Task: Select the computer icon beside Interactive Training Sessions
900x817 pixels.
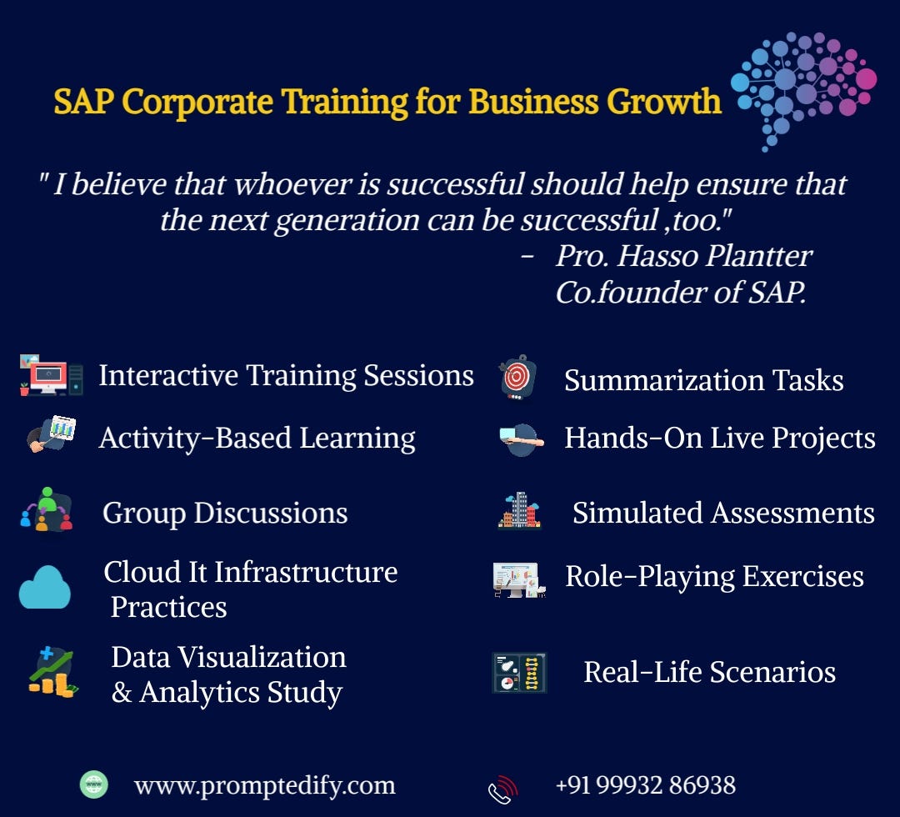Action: coord(51,376)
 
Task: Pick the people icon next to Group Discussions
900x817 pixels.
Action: coord(47,509)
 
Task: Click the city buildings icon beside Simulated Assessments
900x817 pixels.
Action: coord(520,510)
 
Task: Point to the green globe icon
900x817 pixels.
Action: coord(93,784)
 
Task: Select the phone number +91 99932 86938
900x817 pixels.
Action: coord(645,784)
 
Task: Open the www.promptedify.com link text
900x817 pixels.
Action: coord(264,785)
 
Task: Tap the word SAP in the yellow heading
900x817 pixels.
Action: coord(83,101)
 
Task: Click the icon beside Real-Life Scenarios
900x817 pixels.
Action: coord(519,672)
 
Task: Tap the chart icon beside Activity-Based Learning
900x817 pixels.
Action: coord(52,434)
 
